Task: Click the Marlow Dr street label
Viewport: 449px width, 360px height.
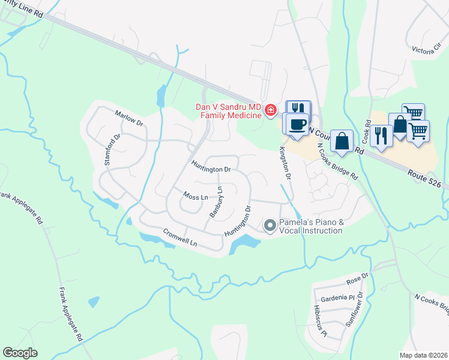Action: tap(129, 118)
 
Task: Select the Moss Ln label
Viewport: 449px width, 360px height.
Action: tap(196, 197)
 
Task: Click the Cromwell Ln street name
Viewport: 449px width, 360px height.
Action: tap(180, 238)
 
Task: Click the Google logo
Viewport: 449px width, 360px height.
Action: tap(20, 353)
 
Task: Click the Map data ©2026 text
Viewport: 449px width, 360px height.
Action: tap(424, 355)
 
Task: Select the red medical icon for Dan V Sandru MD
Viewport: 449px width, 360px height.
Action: tap(271, 110)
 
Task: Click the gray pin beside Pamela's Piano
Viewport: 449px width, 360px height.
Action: tap(270, 226)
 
